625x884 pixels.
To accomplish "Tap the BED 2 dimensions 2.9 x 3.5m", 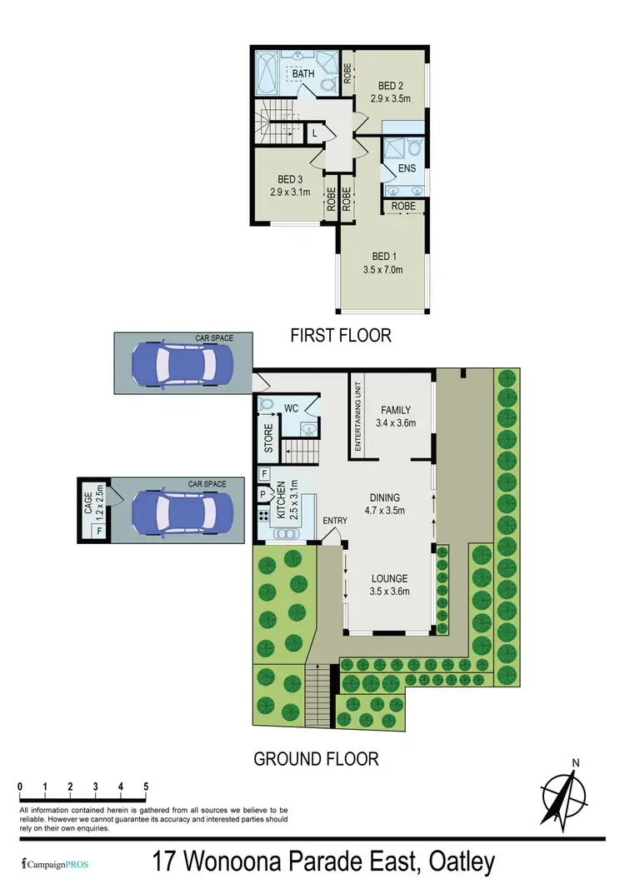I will (390, 98).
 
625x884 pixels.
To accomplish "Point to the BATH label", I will (302, 74).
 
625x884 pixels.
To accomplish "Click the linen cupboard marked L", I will (315, 132).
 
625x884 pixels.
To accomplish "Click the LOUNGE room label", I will (389, 578).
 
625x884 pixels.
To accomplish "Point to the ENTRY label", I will (335, 522).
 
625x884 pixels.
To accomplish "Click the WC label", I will (291, 408).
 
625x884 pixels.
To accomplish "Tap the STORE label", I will (268, 440).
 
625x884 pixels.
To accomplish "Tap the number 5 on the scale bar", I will (146, 786).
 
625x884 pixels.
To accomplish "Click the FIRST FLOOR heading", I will (340, 336).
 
